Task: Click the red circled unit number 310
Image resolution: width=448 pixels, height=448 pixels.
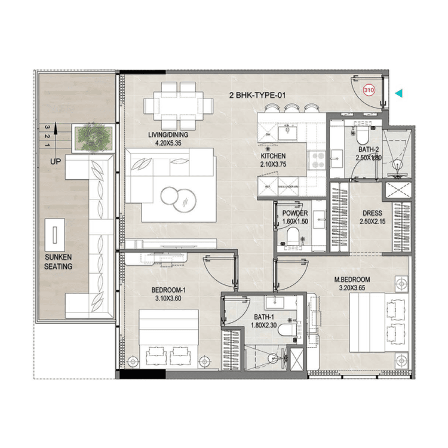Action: point(369,90)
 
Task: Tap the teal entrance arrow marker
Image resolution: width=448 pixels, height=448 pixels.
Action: point(399,93)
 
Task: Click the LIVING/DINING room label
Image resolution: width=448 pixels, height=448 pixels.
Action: point(171,135)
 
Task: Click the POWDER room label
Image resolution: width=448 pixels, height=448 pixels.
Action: point(295,213)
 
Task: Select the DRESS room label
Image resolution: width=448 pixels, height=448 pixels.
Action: point(372,213)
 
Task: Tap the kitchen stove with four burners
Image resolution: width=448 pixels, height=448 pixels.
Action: point(317,159)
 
